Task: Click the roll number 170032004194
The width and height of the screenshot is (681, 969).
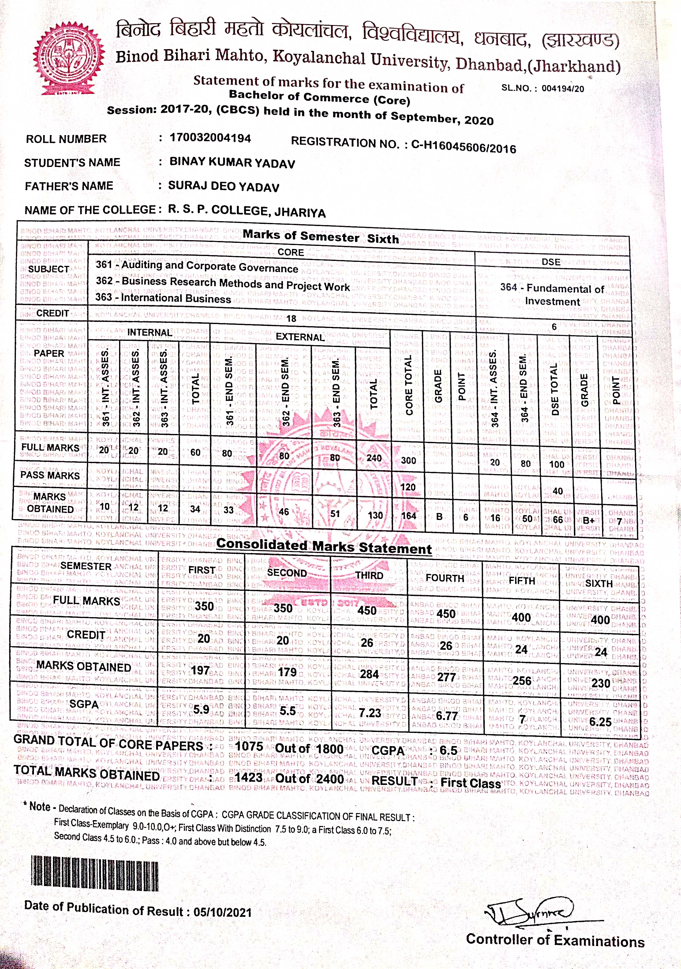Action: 210,138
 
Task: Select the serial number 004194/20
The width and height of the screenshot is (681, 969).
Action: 563,89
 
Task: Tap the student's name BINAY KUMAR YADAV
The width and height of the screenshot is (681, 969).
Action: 232,163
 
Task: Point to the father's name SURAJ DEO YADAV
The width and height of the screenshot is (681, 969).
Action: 223,186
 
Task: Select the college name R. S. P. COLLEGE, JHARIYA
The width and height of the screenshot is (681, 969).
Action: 247,211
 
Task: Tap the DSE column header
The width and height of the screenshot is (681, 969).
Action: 551,262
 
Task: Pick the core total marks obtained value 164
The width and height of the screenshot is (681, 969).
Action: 408,515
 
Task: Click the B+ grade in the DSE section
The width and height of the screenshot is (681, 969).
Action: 589,520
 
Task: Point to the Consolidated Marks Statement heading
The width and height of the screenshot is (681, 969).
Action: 324,546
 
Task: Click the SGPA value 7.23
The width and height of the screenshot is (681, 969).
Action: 370,713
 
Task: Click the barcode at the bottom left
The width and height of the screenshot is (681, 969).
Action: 95,873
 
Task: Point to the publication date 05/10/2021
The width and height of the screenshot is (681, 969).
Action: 222,912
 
